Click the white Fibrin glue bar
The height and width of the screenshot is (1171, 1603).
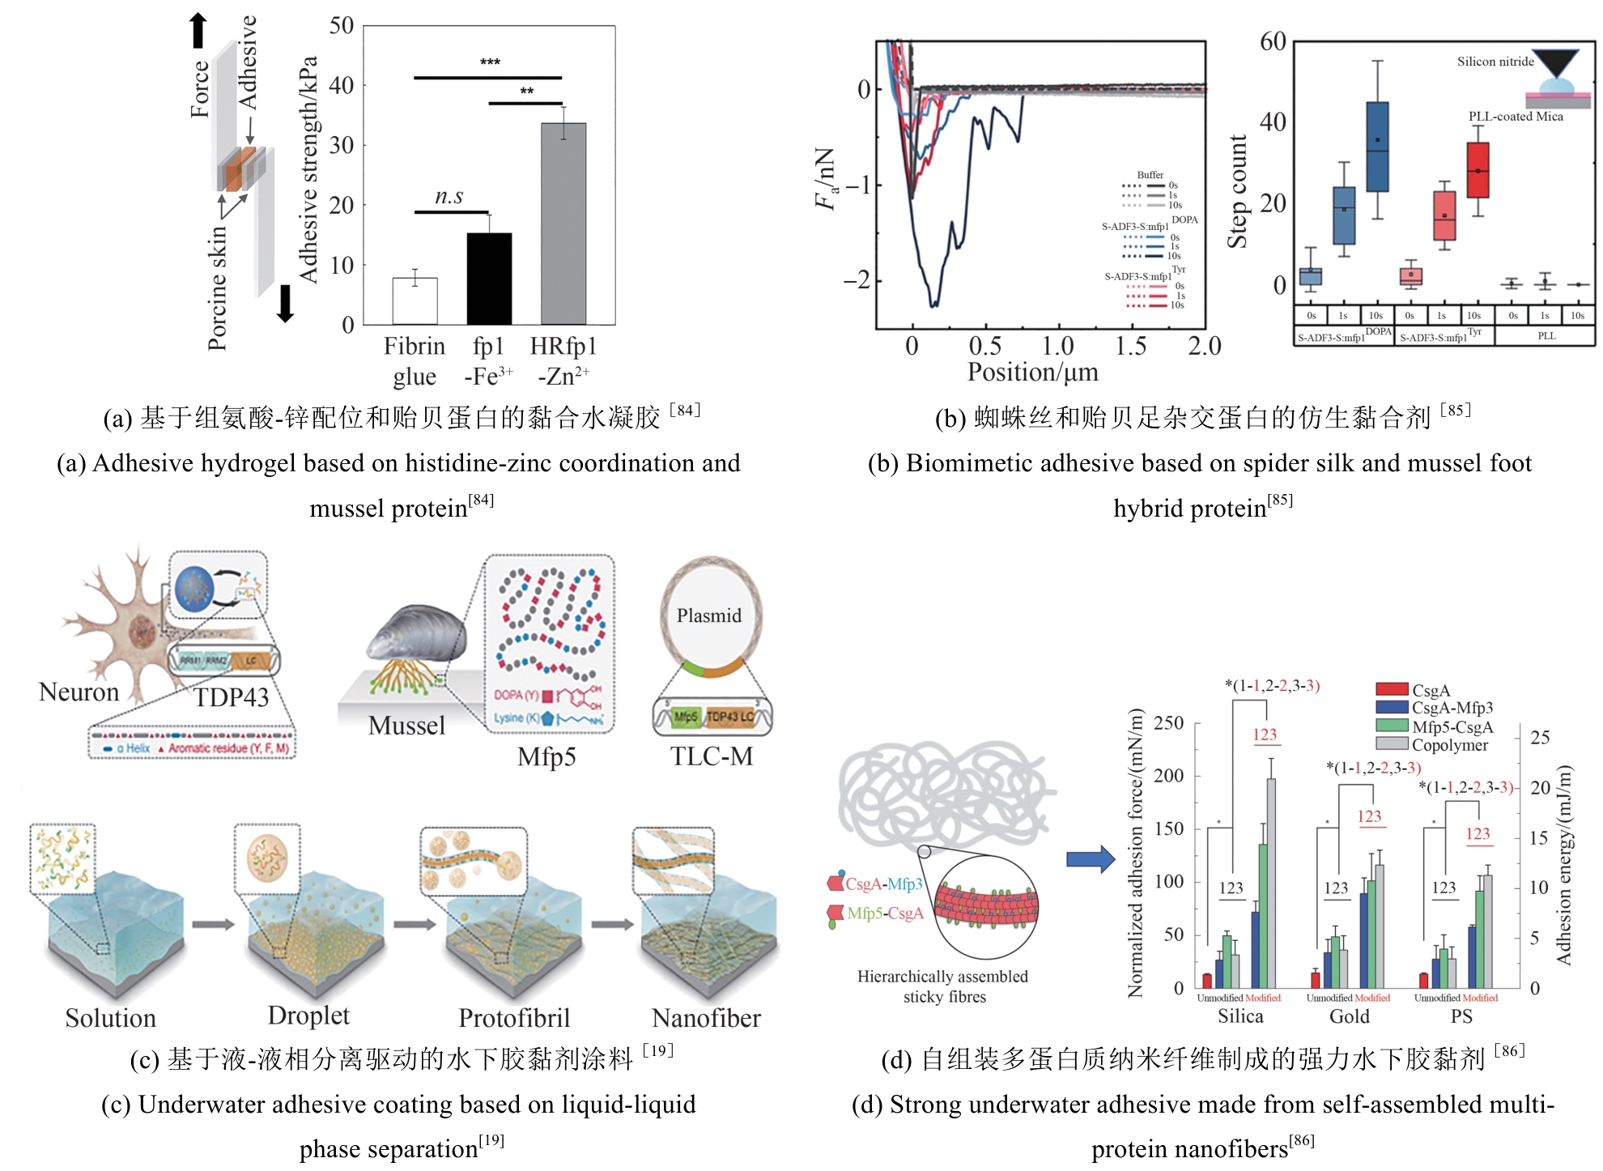tap(415, 301)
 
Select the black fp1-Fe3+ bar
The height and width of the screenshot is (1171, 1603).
tap(489, 279)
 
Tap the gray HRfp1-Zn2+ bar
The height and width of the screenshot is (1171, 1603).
tap(563, 224)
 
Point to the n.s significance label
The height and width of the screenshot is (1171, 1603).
tap(449, 196)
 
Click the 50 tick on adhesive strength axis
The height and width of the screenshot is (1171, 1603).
tap(342, 26)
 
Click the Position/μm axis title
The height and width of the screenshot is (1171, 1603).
tap(1032, 373)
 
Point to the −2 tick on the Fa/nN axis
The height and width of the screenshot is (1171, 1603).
tap(857, 281)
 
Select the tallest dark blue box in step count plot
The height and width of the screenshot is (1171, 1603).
tap(1377, 147)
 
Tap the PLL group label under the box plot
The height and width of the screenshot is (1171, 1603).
tap(1546, 335)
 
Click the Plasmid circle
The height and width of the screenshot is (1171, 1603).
tap(710, 615)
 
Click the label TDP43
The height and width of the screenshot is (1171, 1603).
tap(232, 697)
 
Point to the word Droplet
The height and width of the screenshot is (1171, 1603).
tap(308, 1016)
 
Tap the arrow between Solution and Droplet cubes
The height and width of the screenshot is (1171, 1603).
tap(213, 924)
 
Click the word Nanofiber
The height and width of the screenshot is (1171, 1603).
tap(706, 1018)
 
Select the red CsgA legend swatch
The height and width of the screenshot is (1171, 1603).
tap(1392, 689)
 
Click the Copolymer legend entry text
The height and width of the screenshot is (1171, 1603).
tap(1450, 745)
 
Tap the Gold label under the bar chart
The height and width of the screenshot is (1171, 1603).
tap(1350, 1016)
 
